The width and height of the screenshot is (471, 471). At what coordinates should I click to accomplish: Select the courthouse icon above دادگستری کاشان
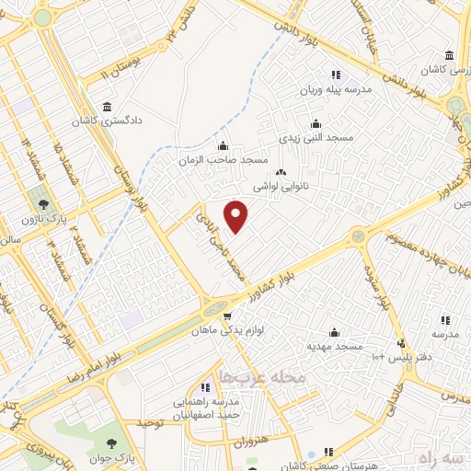(109, 106)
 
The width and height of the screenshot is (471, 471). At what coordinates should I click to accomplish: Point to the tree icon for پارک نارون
(40, 201)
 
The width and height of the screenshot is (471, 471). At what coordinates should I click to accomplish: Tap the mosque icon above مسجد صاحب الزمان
(223, 145)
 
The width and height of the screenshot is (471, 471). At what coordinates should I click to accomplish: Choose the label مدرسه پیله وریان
(335, 91)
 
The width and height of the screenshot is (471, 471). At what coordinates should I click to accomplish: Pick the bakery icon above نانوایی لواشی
(281, 172)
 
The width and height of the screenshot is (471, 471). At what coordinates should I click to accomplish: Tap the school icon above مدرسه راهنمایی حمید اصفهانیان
(206, 388)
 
